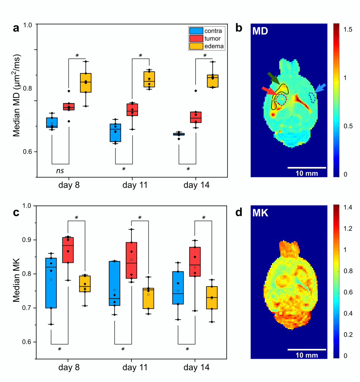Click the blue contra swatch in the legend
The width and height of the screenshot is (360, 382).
coord(196,31)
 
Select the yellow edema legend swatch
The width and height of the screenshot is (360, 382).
coord(196,46)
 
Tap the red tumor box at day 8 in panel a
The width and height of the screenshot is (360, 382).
coord(69,107)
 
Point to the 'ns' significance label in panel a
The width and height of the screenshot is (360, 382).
coord(60,171)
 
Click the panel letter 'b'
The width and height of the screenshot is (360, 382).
coord(239,28)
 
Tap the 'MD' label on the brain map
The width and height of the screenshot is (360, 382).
coord(260,31)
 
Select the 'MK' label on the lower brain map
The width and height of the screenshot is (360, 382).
coord(260,213)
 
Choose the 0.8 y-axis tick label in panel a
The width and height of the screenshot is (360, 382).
coord(29,88)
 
